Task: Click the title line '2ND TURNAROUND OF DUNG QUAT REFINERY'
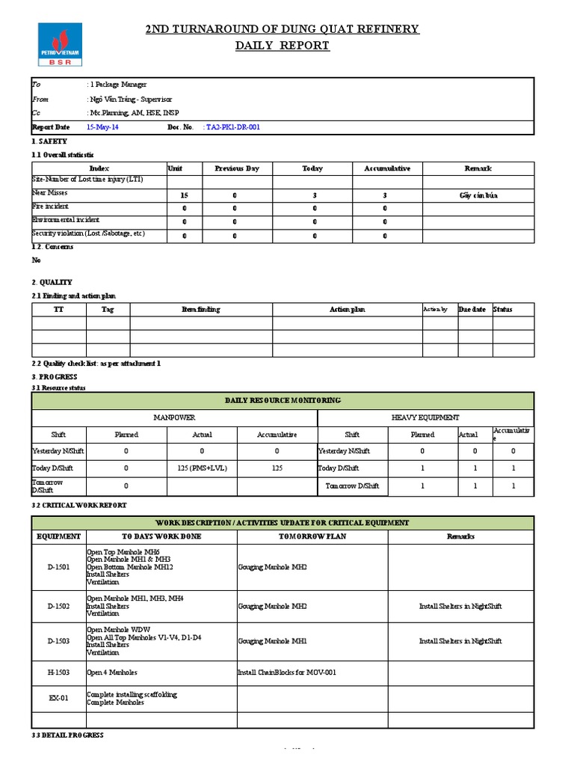pyautogui.click(x=282, y=29)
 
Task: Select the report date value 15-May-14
pyautogui.click(x=102, y=128)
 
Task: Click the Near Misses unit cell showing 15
pyautogui.click(x=184, y=195)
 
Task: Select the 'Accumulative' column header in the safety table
pyautogui.click(x=387, y=169)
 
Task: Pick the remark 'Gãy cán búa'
pyautogui.click(x=478, y=195)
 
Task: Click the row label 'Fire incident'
pyautogui.click(x=51, y=206)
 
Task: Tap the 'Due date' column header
pyautogui.click(x=472, y=310)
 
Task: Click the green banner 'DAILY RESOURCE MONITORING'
pyautogui.click(x=283, y=401)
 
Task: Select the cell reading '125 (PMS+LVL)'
pyautogui.click(x=202, y=468)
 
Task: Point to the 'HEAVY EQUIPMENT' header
pyautogui.click(x=425, y=417)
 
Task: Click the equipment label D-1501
pyautogui.click(x=58, y=568)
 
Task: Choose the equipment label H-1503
pyautogui.click(x=58, y=672)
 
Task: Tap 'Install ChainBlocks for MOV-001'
pyautogui.click(x=287, y=672)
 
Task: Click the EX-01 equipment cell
pyautogui.click(x=58, y=699)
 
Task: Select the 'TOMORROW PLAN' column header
pyautogui.click(x=312, y=536)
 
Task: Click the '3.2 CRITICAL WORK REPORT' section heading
pyautogui.click(x=79, y=506)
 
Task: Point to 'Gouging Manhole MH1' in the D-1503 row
pyautogui.click(x=273, y=641)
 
